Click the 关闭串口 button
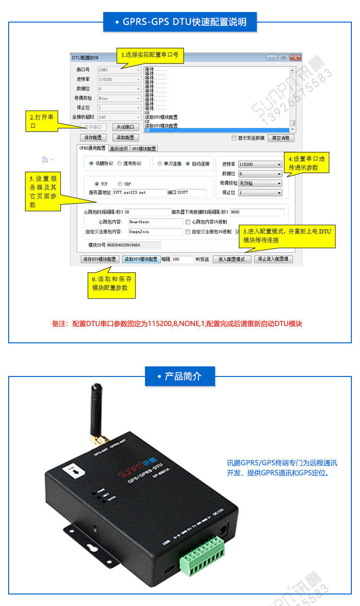click(x=125, y=127)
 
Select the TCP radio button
click(x=97, y=184)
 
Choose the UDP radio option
click(x=120, y=184)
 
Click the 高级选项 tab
click(x=119, y=148)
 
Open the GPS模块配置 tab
click(x=144, y=148)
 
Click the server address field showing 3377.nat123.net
click(x=139, y=193)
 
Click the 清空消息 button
click(x=281, y=138)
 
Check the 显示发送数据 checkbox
click(x=234, y=138)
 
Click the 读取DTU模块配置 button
click(x=141, y=259)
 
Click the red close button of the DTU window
click(x=295, y=58)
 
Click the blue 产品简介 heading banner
click(x=180, y=376)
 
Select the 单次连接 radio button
click(x=160, y=164)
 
